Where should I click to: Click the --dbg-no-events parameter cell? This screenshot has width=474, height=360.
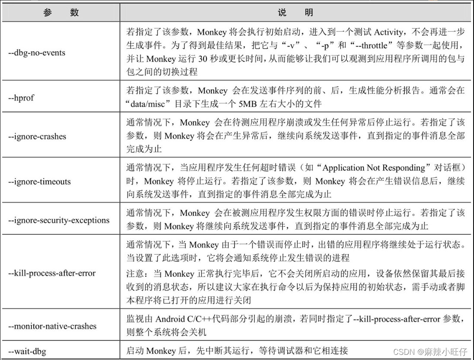[x=37, y=53]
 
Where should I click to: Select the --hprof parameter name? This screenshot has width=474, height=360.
[x=21, y=98]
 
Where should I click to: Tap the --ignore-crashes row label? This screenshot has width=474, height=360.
[x=38, y=136]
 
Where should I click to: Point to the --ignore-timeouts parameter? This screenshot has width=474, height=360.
[x=39, y=182]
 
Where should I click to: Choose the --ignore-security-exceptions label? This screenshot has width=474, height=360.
[x=59, y=220]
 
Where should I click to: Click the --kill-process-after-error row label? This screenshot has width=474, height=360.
[x=52, y=273]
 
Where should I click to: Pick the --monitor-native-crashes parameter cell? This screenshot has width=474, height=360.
[x=52, y=326]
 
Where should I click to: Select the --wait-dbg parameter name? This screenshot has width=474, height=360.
[x=27, y=351]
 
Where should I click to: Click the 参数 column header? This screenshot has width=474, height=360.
[x=61, y=13]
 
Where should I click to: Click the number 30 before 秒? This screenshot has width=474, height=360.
[x=201, y=59]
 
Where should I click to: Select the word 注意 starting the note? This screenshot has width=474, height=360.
[x=132, y=274]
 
